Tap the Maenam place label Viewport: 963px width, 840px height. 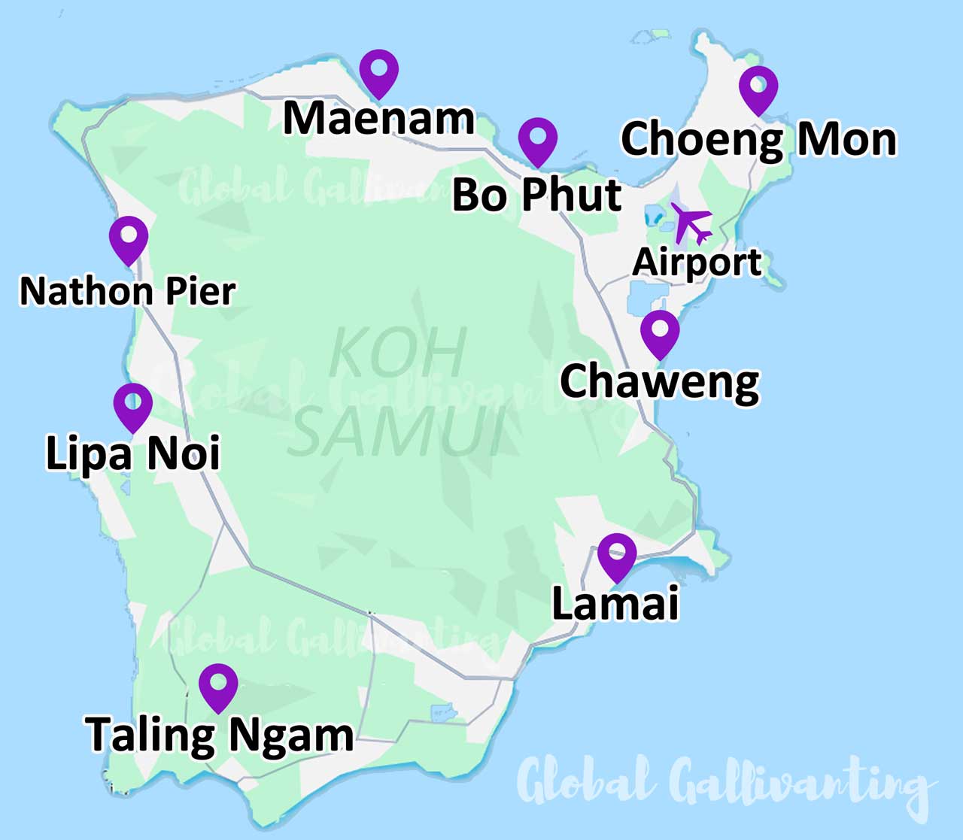[378, 119]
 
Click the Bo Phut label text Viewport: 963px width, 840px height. [536, 195]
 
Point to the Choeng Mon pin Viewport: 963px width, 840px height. [758, 88]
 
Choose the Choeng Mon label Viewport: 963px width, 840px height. [758, 140]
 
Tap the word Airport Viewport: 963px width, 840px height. [697, 262]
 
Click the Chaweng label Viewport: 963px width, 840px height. [660, 382]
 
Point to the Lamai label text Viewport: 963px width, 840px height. [615, 603]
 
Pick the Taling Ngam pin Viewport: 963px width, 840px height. [218, 686]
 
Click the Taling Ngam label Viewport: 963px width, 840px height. [219, 735]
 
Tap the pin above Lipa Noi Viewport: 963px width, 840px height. [133, 405]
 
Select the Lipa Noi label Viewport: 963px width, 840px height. [133, 453]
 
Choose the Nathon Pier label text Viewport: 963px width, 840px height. [127, 291]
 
